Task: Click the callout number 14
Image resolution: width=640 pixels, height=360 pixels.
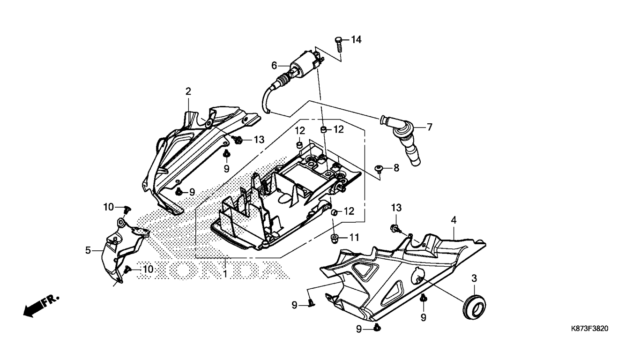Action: click(x=356, y=40)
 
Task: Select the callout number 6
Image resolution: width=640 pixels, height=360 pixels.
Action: click(x=274, y=66)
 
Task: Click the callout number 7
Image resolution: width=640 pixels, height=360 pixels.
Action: click(x=430, y=127)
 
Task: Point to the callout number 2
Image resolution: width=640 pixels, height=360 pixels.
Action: click(x=188, y=91)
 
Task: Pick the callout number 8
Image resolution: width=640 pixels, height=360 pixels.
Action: click(x=396, y=168)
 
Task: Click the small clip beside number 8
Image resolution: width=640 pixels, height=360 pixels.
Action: click(x=379, y=168)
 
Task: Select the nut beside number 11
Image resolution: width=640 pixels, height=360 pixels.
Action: click(x=334, y=239)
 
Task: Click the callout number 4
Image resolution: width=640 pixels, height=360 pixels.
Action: click(x=454, y=220)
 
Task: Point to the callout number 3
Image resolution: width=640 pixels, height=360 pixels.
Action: click(x=474, y=278)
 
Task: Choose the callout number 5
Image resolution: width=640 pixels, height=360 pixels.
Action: click(x=88, y=250)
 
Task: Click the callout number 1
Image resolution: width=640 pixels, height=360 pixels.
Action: click(x=225, y=274)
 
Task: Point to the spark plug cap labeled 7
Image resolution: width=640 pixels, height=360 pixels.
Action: click(x=402, y=140)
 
